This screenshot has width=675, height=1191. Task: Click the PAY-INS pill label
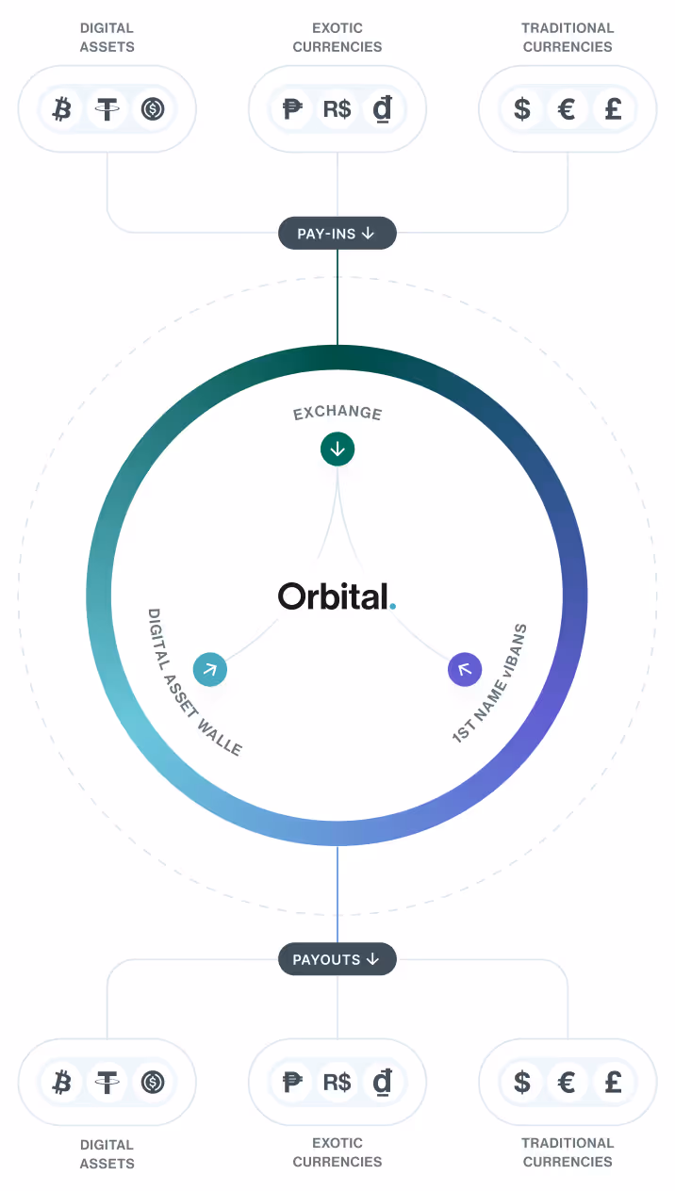coord(337,233)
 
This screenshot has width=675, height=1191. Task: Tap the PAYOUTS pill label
coord(337,959)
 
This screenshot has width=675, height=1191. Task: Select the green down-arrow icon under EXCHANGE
coord(337,449)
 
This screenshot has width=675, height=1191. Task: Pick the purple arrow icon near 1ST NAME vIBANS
coord(464,670)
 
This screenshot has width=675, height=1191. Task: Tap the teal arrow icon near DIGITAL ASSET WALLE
coord(210,670)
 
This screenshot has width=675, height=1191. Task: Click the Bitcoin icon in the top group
coord(62,109)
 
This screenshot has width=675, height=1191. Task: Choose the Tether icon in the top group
coord(107,109)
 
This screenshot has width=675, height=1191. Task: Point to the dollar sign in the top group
coord(522,109)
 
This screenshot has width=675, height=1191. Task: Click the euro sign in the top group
coord(568,109)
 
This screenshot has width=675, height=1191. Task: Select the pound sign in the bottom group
coord(613,1082)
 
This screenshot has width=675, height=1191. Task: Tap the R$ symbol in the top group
coord(337,109)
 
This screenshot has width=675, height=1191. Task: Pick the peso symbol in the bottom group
coord(292,1082)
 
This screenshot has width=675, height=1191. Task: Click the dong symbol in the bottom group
coord(383,1082)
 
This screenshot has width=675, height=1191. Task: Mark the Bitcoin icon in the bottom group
coord(62,1082)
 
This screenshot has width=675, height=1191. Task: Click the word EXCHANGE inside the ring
coord(337,413)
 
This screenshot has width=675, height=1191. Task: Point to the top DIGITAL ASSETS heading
coord(107,38)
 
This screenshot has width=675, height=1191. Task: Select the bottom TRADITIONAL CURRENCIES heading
coord(568,1152)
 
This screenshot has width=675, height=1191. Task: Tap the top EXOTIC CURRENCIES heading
coord(337,38)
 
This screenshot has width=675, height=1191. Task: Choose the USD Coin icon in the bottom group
coord(153,1082)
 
